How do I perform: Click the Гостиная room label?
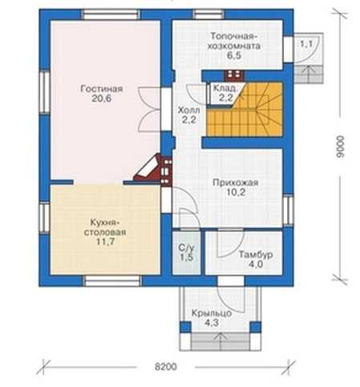tap(102, 89)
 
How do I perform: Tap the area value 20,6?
tap(102, 99)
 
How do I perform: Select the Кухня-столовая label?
tap(105, 227)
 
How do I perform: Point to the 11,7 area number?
tap(105, 242)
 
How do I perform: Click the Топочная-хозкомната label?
tap(234, 41)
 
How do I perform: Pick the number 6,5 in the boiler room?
tap(234, 55)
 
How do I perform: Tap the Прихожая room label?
tap(236, 183)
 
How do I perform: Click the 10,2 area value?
tap(236, 192)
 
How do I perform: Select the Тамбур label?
tap(256, 255)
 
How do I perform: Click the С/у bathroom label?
tap(187, 248)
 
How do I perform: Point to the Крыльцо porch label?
tap(212, 313)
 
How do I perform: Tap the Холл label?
tap(189, 110)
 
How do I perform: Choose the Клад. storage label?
tap(224, 88)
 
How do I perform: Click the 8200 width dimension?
tap(166, 367)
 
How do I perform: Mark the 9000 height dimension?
tap(341, 147)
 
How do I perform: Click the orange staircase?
tap(245, 109)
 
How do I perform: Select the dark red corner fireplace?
tap(152, 169)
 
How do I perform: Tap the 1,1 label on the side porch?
tap(306, 43)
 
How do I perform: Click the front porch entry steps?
tap(220, 341)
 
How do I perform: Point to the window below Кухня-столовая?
tap(111, 281)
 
